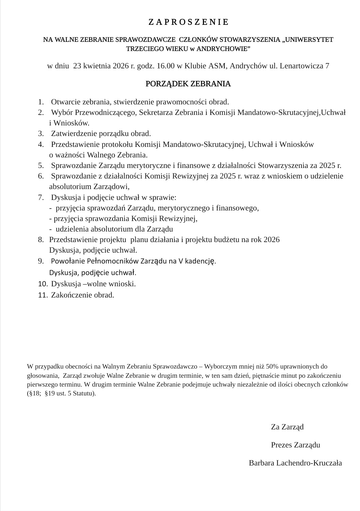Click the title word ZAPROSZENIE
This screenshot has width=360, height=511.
pos(189,22)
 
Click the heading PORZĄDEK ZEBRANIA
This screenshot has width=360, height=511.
pos(188,84)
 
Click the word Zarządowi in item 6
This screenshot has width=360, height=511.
pos(112,186)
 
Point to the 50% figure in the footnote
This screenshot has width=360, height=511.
pos(272,367)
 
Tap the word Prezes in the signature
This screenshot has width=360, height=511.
pos(281,445)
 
